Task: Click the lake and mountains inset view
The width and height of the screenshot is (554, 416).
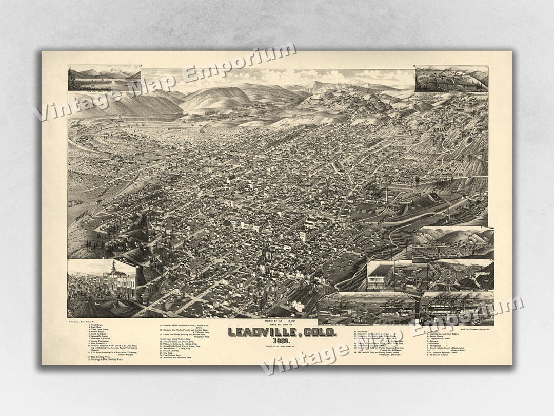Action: pos(104,78)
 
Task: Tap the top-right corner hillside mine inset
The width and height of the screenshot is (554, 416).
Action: pos(451,78)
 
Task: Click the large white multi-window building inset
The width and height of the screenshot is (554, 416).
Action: pos(380,275)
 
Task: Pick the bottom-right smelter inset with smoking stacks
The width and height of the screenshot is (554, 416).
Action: pos(457,308)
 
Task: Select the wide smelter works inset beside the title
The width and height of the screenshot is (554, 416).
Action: pos(366,308)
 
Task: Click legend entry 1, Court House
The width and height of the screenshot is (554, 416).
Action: pos(97,325)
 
